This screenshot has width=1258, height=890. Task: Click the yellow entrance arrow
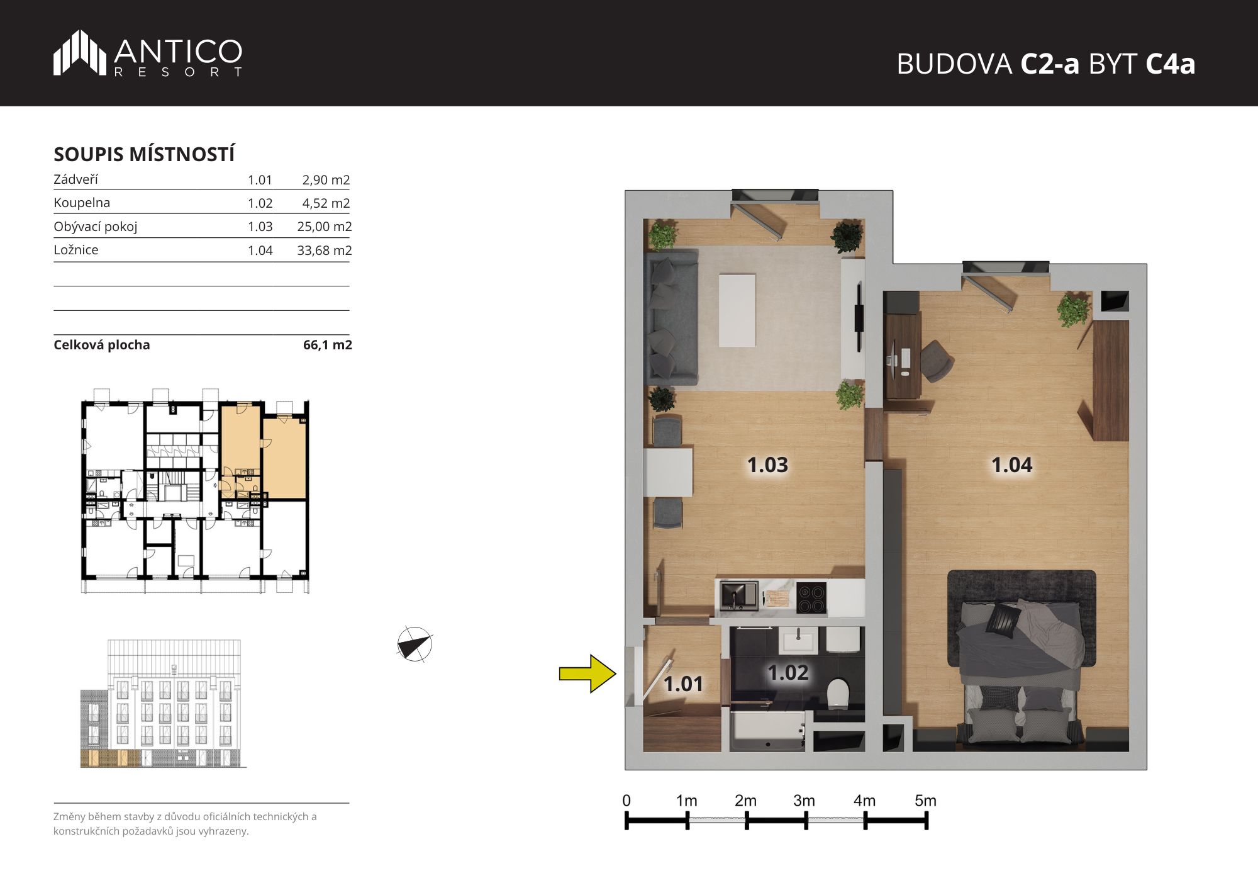coord(587,673)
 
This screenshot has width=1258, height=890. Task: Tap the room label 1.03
coord(767,465)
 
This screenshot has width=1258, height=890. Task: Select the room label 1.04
coord(1011,465)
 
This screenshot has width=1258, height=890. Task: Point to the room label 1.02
coord(788,672)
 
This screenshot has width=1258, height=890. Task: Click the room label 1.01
coord(683,684)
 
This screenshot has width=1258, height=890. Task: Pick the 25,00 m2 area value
coord(324,227)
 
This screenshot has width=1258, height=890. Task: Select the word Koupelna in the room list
coord(82,203)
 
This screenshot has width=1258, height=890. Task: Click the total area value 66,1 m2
coord(327,345)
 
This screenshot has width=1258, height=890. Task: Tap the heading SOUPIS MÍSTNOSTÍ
coord(144,154)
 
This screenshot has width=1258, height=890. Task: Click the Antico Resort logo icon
coord(80,53)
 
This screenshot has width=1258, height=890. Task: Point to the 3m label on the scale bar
coord(804,801)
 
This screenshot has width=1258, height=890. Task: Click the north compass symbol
coord(415,645)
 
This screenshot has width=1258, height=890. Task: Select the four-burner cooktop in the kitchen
coord(811,598)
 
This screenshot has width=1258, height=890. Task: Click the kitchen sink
coord(739,596)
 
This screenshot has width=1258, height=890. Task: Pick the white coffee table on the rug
coord(737,309)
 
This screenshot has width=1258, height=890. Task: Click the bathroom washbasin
coord(799,641)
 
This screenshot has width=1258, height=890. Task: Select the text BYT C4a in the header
coord(1142,64)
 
